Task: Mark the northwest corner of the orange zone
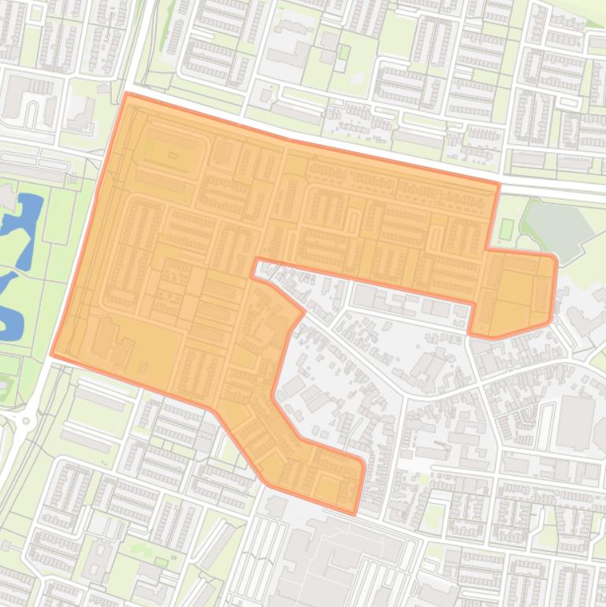click(x=127, y=94)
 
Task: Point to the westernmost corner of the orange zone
click(x=52, y=355)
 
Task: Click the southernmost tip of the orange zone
click(x=354, y=514)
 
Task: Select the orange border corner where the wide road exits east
click(x=498, y=184)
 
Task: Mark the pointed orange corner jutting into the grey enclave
click(x=303, y=312)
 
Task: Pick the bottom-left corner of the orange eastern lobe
click(x=470, y=333)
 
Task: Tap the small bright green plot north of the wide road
click(x=344, y=53)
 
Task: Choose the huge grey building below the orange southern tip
click(x=331, y=560)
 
